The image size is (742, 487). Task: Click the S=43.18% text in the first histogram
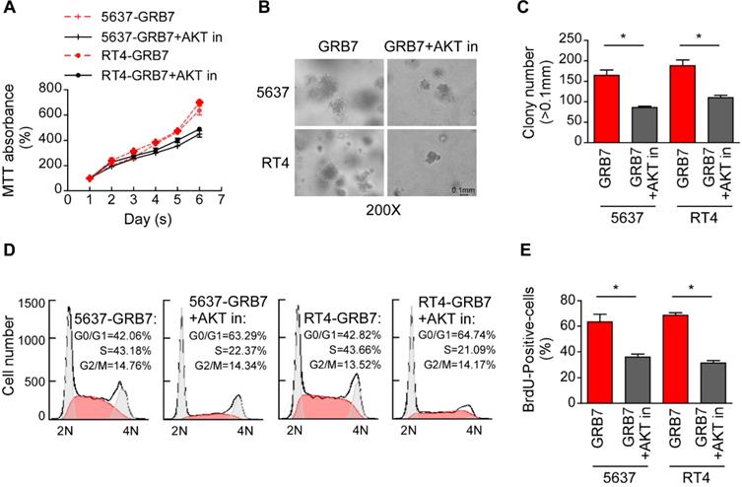coord(118,350)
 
